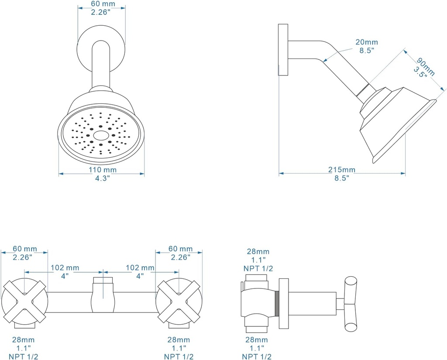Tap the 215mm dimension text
click(342, 169)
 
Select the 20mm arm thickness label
click(366, 42)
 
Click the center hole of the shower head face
click(101, 136)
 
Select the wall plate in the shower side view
click(283, 50)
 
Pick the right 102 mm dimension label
click(140, 267)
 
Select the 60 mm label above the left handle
click(25, 249)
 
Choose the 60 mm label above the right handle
click(180, 249)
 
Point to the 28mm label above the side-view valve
click(258, 252)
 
